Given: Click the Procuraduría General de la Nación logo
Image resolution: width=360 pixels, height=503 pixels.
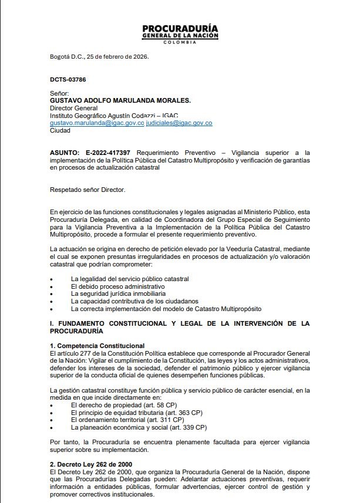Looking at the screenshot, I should (x=180, y=35).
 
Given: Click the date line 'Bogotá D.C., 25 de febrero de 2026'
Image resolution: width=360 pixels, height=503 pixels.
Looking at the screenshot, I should (x=99, y=57).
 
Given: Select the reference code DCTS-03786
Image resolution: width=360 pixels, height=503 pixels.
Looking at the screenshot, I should (x=69, y=79).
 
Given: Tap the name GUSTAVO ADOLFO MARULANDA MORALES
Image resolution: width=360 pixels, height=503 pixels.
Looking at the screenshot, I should (x=120, y=100).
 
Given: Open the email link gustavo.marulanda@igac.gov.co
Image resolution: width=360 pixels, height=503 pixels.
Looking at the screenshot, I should (x=97, y=123).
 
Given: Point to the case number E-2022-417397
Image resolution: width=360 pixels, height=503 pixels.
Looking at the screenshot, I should (x=107, y=152).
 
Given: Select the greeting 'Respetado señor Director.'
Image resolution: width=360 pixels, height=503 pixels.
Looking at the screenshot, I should (x=88, y=189).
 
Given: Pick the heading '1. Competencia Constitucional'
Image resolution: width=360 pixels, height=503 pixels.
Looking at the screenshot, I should (x=97, y=346).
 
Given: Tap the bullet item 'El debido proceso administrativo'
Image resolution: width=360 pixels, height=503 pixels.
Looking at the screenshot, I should (x=117, y=286).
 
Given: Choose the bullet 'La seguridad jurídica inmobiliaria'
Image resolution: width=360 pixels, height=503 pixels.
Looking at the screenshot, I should (x=118, y=293).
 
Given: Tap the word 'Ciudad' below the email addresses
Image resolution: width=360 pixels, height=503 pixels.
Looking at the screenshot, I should (x=60, y=130).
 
